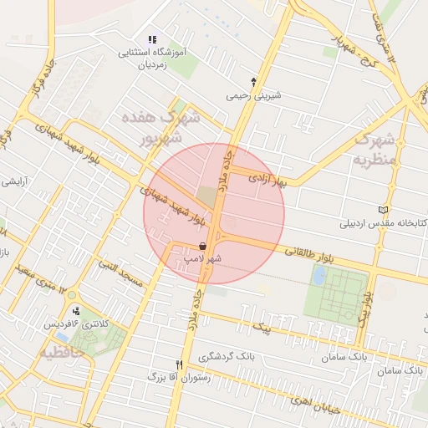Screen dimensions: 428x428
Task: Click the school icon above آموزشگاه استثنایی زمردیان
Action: pyautogui.click(x=151, y=39)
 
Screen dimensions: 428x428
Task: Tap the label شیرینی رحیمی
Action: pyautogui.click(x=254, y=95)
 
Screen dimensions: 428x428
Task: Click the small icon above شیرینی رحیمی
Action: pyautogui.click(x=254, y=82)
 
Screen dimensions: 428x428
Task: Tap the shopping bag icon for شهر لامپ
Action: pyautogui.click(x=204, y=246)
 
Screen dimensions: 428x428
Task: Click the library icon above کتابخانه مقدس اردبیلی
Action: pyautogui.click(x=383, y=210)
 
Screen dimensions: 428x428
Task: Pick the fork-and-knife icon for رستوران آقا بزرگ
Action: pyautogui.click(x=179, y=364)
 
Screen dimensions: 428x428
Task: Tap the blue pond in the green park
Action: pyautogui.click(x=318, y=275)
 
